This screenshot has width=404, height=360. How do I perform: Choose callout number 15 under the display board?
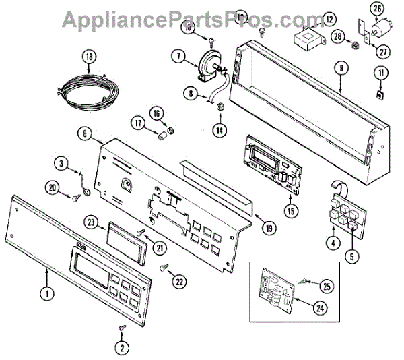(x=290, y=211)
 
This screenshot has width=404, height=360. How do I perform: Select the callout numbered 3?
(x=61, y=163)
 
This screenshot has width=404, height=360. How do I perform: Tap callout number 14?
(x=219, y=130)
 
